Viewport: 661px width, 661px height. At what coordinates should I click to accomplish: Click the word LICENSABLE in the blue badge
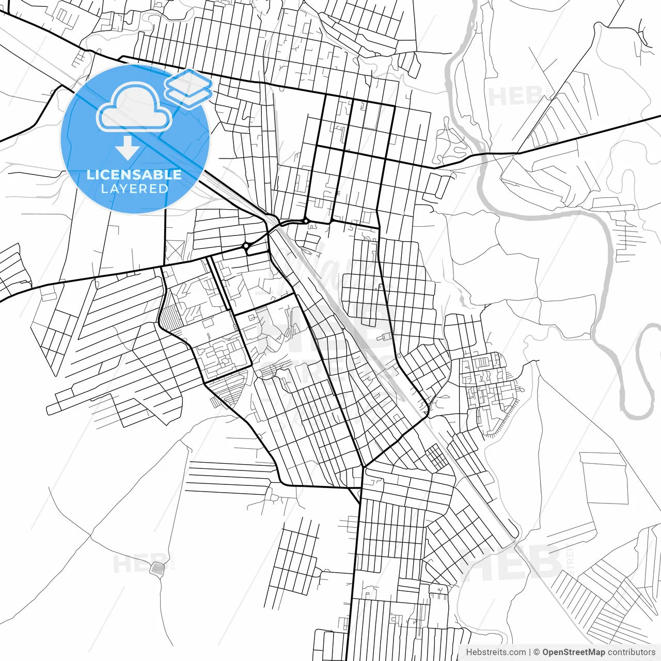pos(134,175)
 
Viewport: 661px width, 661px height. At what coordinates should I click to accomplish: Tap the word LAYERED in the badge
pos(134,189)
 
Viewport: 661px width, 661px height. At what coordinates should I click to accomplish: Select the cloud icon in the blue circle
pos(134,107)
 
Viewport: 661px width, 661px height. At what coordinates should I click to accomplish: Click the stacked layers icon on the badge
pos(188,88)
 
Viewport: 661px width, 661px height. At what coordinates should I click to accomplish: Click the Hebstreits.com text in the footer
pos(496,652)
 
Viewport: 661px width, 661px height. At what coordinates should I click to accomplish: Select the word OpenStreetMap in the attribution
pos(573,652)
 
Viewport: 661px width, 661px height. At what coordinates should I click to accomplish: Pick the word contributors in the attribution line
pos(631,652)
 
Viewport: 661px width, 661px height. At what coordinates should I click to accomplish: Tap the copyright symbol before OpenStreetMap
pos(537,652)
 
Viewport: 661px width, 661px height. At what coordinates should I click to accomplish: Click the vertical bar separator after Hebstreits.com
pos(530,652)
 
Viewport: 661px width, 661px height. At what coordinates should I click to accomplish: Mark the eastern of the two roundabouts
pos(306,221)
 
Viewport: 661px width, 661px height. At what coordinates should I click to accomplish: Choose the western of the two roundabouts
pos(247,246)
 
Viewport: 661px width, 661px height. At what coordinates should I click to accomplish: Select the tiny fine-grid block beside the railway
pos(437,457)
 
